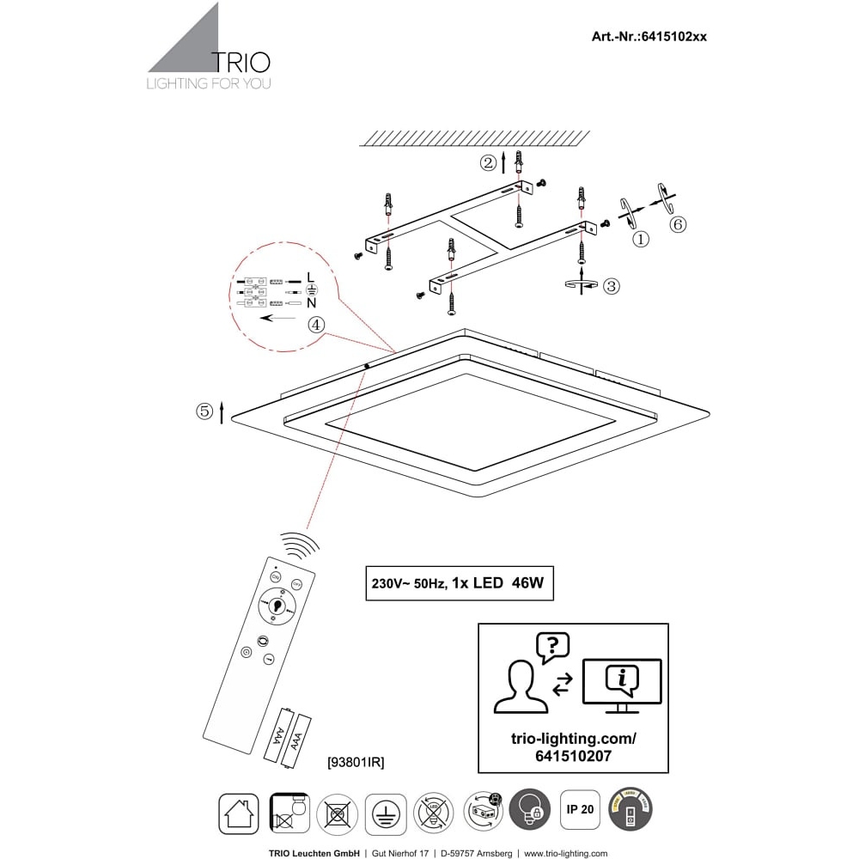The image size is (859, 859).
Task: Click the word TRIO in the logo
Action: [241, 62]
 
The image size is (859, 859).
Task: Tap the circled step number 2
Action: [488, 161]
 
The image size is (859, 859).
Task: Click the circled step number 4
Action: [316, 325]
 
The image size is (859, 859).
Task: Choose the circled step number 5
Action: [204, 411]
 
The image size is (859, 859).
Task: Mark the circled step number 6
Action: [678, 224]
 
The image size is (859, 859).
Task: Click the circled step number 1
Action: [640, 240]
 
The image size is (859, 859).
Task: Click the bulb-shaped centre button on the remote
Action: [277, 606]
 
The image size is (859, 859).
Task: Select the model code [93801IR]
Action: [356, 761]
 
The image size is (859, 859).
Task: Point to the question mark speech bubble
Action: [552, 647]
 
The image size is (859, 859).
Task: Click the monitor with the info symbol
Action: [622, 683]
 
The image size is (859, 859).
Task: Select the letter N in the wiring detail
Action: [312, 303]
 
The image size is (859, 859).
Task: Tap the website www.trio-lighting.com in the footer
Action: [565, 853]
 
